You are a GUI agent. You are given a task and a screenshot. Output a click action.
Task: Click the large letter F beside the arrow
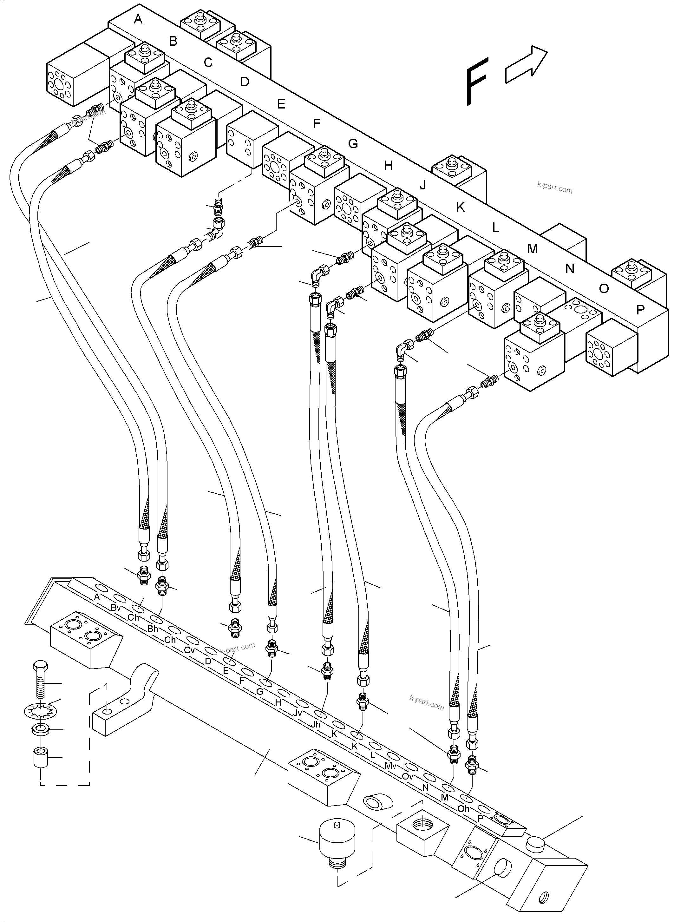pyautogui.click(x=477, y=82)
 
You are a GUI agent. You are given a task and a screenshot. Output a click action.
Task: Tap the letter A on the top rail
pyautogui.click(x=138, y=19)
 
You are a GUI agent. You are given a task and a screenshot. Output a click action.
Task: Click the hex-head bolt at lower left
pyautogui.click(x=40, y=680)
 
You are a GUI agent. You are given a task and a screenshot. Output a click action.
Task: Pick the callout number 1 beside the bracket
pyautogui.click(x=106, y=687)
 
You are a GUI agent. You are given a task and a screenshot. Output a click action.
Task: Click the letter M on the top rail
pyautogui.click(x=533, y=248)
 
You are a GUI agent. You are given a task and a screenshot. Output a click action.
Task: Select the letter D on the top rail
pyautogui.click(x=245, y=82)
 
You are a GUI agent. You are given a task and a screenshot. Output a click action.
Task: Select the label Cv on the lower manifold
pyautogui.click(x=189, y=650)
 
